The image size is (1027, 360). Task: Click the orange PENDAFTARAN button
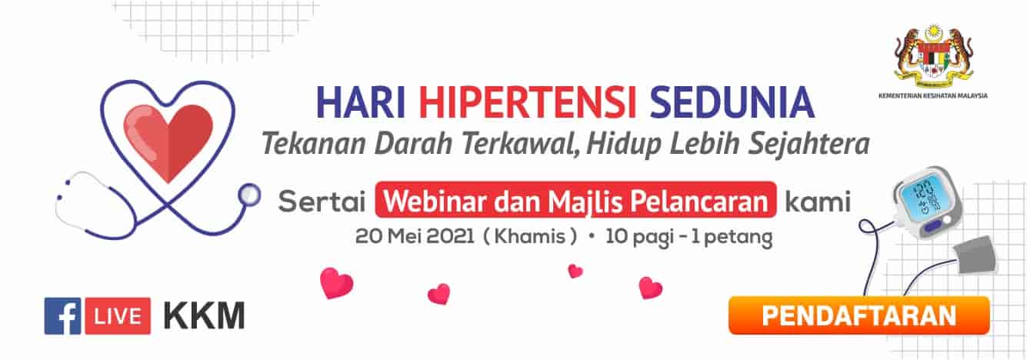point(859,315)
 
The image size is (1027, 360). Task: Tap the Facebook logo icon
point(62,316)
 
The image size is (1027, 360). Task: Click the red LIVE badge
point(118,316)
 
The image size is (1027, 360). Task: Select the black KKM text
point(204,316)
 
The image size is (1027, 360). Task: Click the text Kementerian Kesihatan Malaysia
point(933,96)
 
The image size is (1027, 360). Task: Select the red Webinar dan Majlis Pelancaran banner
point(576,200)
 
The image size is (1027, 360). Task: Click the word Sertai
point(322,202)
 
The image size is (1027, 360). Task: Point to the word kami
point(818,202)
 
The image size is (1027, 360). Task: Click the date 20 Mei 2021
point(415,237)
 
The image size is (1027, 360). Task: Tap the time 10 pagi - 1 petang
point(689,238)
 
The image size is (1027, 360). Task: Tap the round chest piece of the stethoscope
point(249,195)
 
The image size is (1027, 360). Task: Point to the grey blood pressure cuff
point(974,255)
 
